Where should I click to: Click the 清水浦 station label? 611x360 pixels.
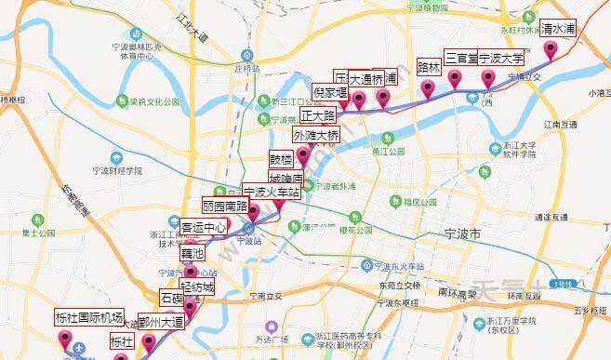pos(559,29)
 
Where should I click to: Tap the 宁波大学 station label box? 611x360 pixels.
pos(501,58)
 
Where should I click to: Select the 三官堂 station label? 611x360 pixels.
pos(460,57)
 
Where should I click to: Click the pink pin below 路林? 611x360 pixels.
pos(428,88)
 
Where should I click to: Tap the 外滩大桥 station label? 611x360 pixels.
pos(316,135)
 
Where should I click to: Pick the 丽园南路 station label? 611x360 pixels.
pos(225,207)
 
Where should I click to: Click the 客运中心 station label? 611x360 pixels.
pos(204,227)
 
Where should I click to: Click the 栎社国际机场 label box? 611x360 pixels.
pos(89,317)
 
